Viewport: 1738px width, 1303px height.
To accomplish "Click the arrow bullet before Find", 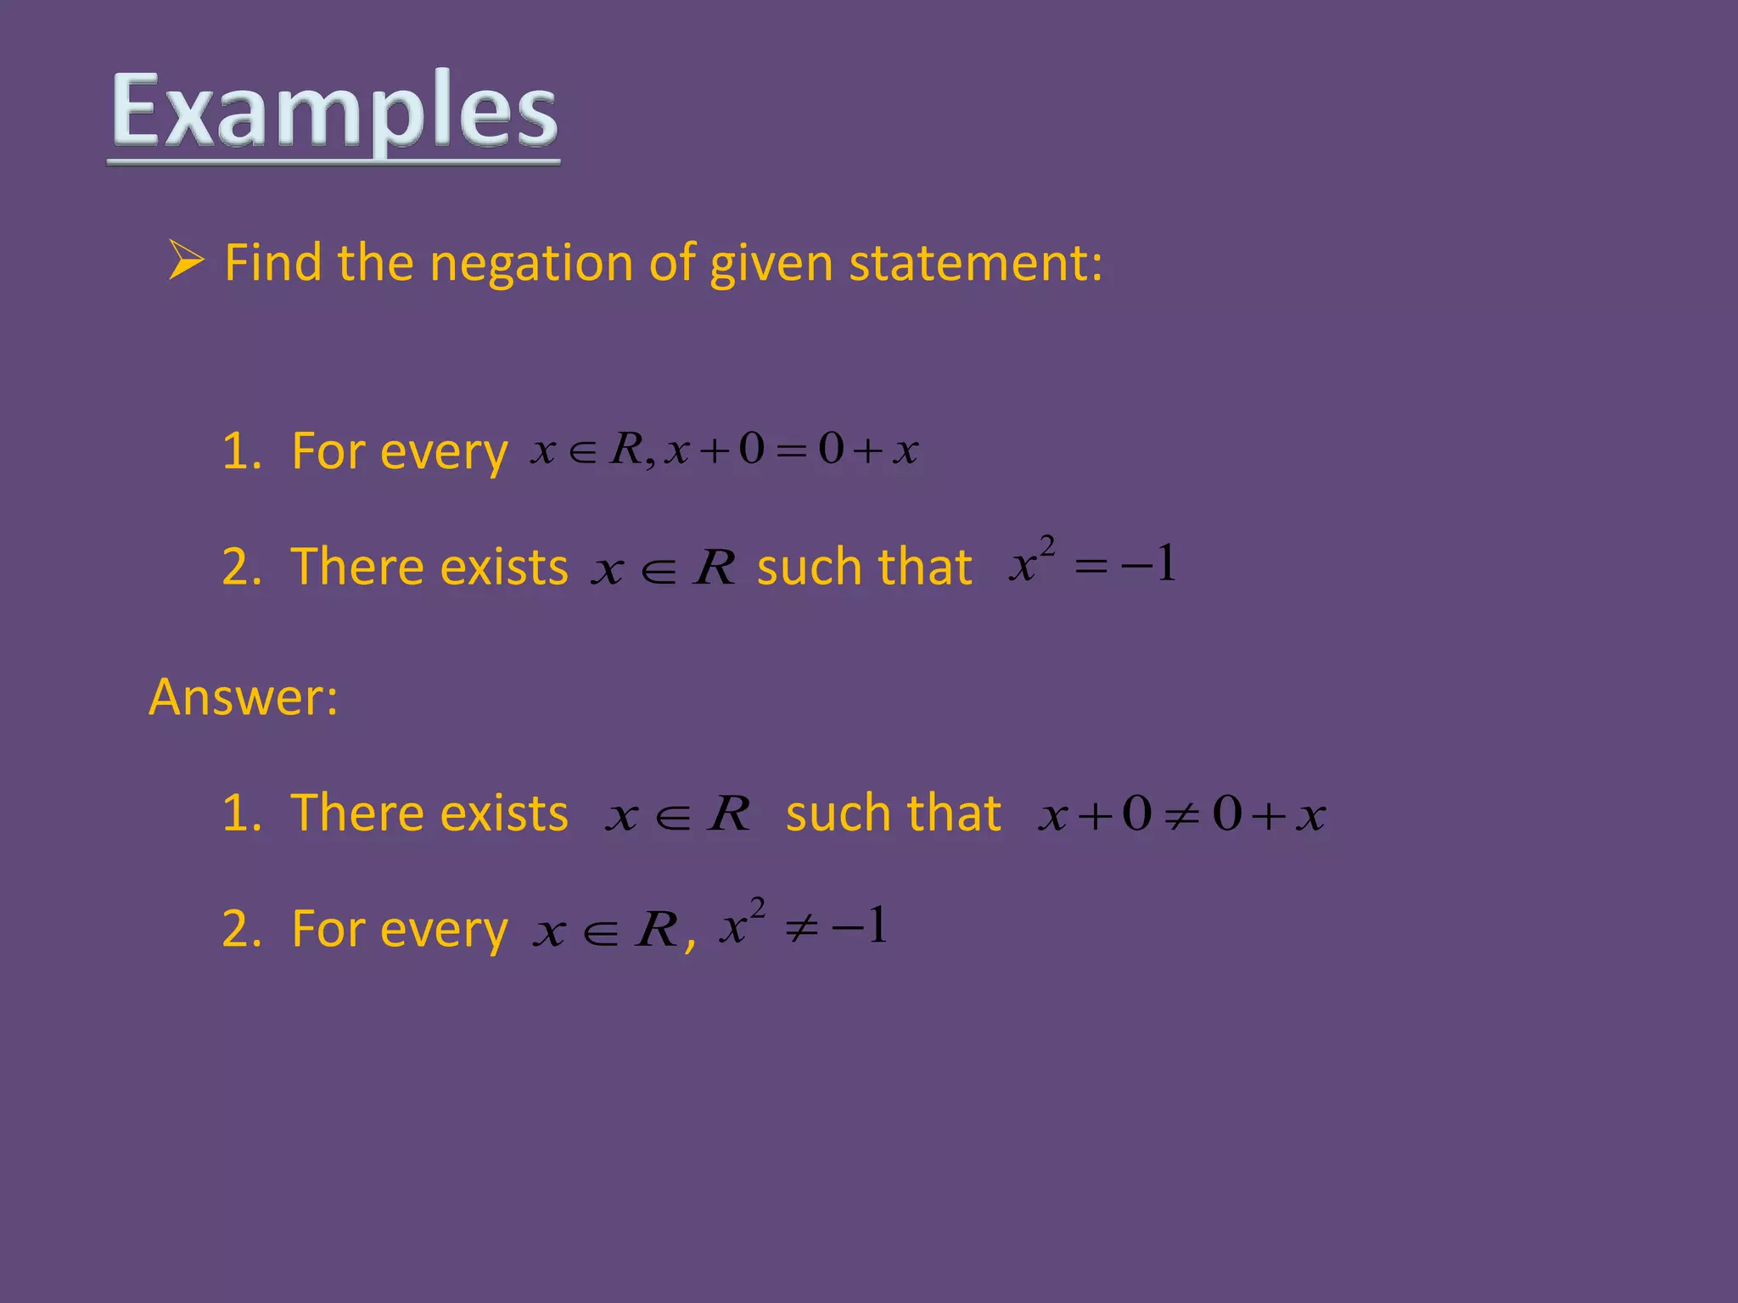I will coord(186,260).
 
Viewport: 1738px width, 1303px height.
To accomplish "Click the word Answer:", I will coord(243,697).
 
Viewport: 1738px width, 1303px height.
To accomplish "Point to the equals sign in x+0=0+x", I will coord(791,450).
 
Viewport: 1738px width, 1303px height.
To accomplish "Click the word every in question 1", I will coord(444,452).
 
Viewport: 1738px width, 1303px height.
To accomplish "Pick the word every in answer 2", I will coord(444,930).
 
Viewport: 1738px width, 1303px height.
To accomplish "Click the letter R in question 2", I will coord(715,567).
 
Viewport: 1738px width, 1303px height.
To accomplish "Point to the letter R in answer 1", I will coord(730,814).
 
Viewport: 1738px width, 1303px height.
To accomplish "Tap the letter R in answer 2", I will coord(657,930).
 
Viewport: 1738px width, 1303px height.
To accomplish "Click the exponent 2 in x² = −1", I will coord(1047,545).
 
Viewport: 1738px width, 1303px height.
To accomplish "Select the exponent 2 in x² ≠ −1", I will coord(757,907).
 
